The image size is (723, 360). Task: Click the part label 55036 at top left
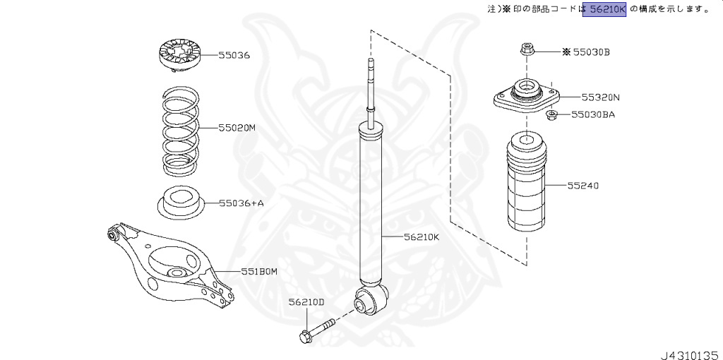(x=234, y=55)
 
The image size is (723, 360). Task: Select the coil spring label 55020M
(x=237, y=128)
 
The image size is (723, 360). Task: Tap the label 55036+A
(x=241, y=203)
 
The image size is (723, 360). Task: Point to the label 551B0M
(x=259, y=271)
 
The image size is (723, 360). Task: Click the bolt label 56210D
(x=306, y=302)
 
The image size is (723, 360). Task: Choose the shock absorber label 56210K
(x=422, y=237)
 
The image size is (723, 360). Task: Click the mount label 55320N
(x=600, y=97)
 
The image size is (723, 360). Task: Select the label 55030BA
(x=593, y=114)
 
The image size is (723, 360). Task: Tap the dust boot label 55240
(x=582, y=186)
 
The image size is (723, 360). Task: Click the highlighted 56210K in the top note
(x=604, y=10)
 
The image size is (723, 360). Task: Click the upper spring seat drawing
(x=179, y=56)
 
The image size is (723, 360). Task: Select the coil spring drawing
(x=180, y=131)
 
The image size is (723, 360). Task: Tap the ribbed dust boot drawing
(x=526, y=188)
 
